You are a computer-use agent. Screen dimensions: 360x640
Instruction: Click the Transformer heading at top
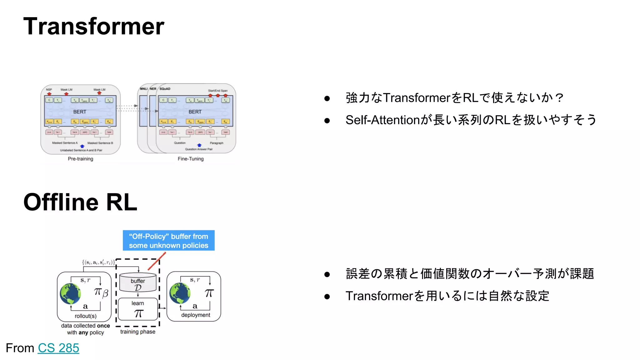pyautogui.click(x=94, y=26)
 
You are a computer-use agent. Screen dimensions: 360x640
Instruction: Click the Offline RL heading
pyautogui.click(x=80, y=202)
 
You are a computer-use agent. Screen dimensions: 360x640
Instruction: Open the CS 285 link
pyautogui.click(x=58, y=348)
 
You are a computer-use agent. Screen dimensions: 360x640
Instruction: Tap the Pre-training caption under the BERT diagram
pyautogui.click(x=80, y=159)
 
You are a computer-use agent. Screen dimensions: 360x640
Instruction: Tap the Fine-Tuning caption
pyautogui.click(x=191, y=159)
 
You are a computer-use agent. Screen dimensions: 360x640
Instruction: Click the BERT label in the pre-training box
pyautogui.click(x=80, y=112)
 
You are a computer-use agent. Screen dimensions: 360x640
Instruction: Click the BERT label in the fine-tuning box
pyautogui.click(x=195, y=112)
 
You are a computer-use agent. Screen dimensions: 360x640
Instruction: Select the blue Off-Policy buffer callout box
pyautogui.click(x=168, y=241)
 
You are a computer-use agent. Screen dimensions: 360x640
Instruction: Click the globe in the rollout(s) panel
pyautogui.click(x=70, y=294)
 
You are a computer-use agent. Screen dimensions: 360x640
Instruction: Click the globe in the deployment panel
pyautogui.click(x=180, y=293)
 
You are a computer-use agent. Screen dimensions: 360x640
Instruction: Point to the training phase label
pyautogui.click(x=138, y=332)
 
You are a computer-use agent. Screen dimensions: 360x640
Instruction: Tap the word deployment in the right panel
pyautogui.click(x=196, y=315)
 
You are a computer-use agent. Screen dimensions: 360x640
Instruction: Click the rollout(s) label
pyautogui.click(x=85, y=316)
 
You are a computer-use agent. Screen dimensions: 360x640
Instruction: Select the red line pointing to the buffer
pyautogui.click(x=157, y=261)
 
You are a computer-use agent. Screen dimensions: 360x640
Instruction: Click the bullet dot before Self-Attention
pyautogui.click(x=327, y=121)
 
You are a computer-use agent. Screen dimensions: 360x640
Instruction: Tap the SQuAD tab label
pyautogui.click(x=165, y=89)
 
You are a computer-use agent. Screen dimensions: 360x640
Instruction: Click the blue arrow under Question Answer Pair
pyautogui.click(x=199, y=145)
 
